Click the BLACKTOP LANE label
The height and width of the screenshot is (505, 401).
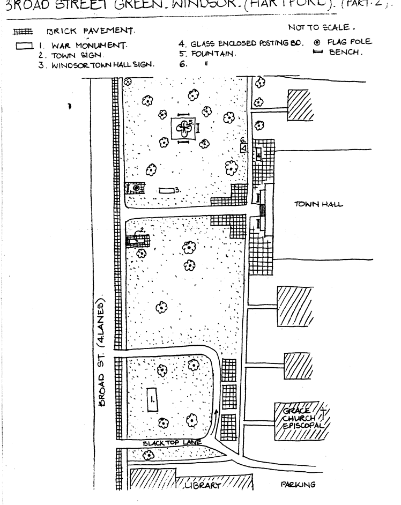pos(173,443)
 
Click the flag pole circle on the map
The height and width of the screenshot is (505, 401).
pos(137,188)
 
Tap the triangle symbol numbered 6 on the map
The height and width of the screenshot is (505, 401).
pos(243,147)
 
